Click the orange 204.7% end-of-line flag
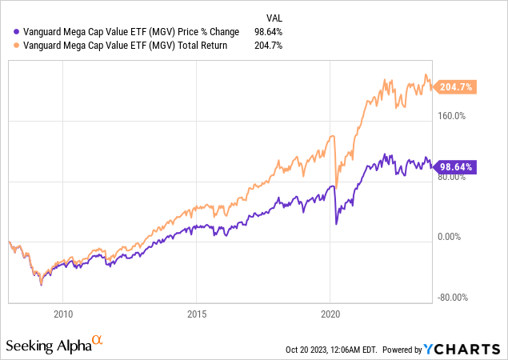pos(458,87)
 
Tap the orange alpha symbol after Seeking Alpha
pos(98,341)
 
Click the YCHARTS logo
pos(464,349)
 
